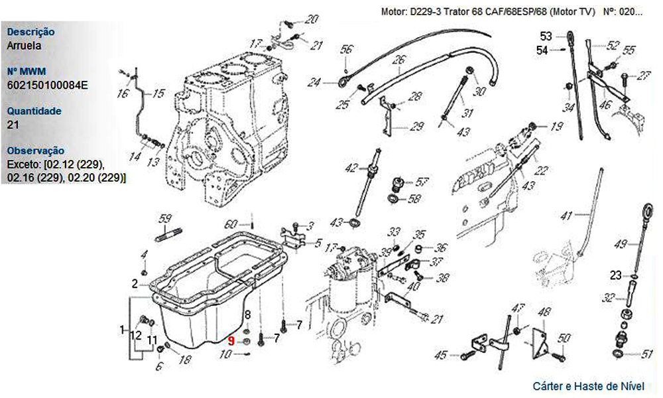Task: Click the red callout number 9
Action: (x=231, y=341)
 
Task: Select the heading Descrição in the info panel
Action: (x=30, y=32)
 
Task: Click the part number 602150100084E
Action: (x=48, y=85)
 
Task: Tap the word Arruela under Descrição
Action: (x=24, y=46)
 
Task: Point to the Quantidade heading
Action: (x=34, y=111)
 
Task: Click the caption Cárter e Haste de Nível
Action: (x=588, y=385)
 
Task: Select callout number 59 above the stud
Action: (x=165, y=218)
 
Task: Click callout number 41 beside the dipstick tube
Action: (x=566, y=215)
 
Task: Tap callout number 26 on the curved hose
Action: (x=398, y=60)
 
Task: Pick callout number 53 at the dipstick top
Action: (x=546, y=36)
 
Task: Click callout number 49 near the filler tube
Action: (x=620, y=245)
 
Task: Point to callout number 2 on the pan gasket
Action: (x=135, y=283)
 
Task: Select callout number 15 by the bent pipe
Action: (x=158, y=94)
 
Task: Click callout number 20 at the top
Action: (x=312, y=19)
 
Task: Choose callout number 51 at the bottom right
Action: (x=647, y=354)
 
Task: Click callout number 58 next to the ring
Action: (x=414, y=198)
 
